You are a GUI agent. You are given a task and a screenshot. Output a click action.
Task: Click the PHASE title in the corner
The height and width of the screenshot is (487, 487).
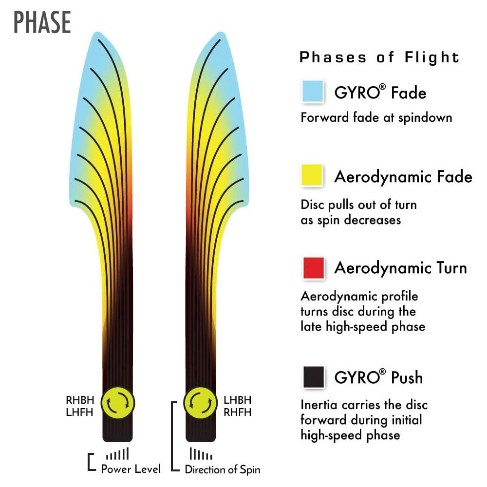(x=42, y=22)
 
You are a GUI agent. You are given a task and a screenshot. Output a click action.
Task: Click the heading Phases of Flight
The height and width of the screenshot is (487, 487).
(x=379, y=57)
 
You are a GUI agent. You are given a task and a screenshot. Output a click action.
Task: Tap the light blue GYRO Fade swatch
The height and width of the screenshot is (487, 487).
(x=313, y=92)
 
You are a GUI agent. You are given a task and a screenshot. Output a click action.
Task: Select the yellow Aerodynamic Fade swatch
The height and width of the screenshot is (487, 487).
(x=313, y=175)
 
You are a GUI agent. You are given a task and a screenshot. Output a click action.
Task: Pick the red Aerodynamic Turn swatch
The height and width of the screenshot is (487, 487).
(x=313, y=268)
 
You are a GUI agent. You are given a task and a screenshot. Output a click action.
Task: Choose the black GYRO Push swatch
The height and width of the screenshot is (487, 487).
(x=313, y=377)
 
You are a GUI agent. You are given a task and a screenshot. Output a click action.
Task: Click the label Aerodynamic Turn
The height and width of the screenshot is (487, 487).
(x=400, y=268)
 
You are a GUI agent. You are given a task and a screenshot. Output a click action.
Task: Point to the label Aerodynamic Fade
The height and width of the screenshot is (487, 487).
(x=403, y=176)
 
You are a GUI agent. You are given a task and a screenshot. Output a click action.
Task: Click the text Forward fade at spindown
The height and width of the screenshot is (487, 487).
(x=376, y=117)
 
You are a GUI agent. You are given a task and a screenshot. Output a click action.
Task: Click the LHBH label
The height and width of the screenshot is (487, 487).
(x=238, y=400)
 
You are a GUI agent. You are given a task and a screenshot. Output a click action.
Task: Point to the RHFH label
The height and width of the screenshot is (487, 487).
(x=238, y=412)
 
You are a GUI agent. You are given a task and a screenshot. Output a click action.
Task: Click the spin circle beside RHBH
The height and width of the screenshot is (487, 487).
(x=118, y=403)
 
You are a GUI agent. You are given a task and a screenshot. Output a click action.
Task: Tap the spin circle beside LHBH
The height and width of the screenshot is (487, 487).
(x=201, y=403)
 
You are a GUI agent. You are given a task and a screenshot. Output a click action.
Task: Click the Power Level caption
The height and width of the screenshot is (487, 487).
(x=131, y=469)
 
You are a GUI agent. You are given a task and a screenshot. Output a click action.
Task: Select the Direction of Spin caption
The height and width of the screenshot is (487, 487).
(x=223, y=469)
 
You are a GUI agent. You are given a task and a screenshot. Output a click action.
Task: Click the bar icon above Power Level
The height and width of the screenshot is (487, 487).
(x=118, y=454)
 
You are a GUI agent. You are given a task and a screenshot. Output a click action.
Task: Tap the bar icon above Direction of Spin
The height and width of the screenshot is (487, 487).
(x=201, y=454)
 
